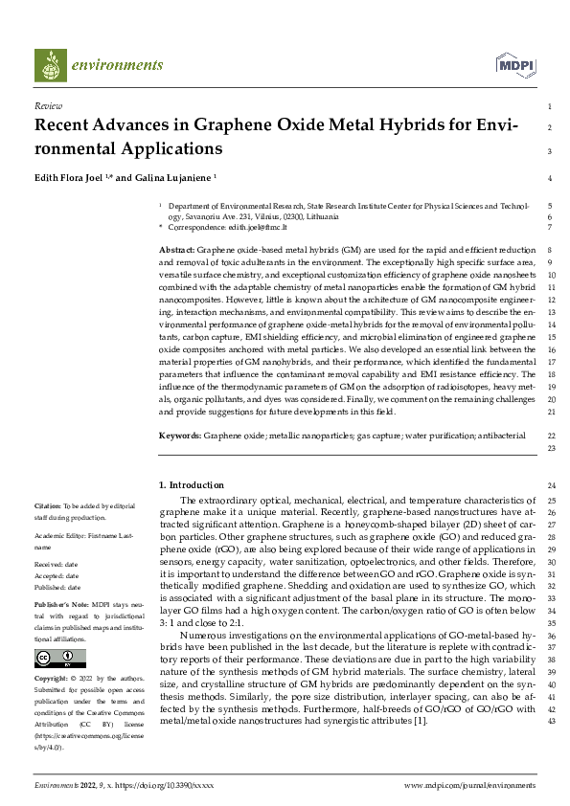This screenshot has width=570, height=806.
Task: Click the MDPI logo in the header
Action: point(514,65)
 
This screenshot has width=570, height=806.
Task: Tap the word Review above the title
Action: point(48,106)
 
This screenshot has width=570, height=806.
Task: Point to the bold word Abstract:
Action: point(178,249)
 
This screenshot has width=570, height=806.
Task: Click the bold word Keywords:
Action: point(180,436)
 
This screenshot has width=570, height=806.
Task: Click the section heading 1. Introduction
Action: point(192,485)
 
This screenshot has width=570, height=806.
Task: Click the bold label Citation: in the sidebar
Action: point(48,504)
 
